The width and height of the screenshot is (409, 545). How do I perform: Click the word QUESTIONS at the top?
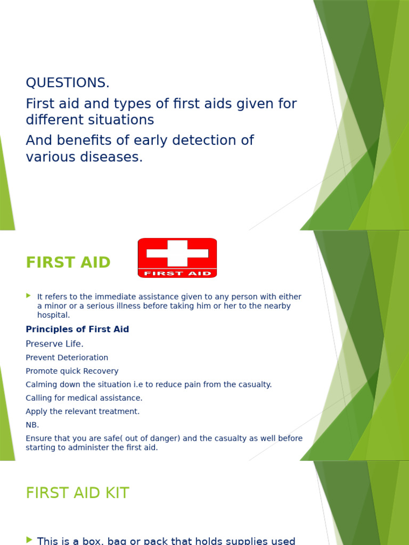click(x=68, y=83)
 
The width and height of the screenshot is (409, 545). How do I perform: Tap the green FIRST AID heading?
click(x=68, y=263)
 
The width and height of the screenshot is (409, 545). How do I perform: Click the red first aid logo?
click(x=177, y=258)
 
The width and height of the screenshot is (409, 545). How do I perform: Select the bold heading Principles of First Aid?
click(x=77, y=329)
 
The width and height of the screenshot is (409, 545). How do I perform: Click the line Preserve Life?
click(x=54, y=344)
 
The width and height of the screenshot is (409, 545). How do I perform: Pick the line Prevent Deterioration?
click(x=67, y=358)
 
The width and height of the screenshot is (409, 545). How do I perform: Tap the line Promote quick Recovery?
click(x=72, y=371)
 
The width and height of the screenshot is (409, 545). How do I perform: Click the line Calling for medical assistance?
click(x=84, y=398)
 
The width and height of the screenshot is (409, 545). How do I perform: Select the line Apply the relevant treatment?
click(x=83, y=411)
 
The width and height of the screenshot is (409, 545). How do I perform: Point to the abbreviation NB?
click(x=32, y=425)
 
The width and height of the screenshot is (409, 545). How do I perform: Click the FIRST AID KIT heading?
click(x=77, y=493)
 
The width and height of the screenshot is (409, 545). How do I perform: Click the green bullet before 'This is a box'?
click(x=29, y=540)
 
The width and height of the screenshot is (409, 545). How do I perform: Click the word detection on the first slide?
click(x=195, y=141)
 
